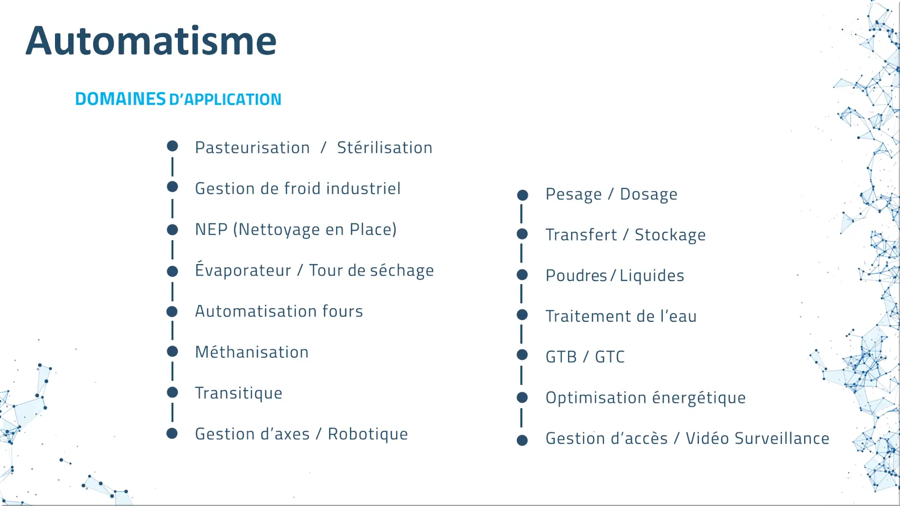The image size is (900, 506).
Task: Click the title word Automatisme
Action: click(151, 41)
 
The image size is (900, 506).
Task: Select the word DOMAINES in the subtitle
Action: click(120, 99)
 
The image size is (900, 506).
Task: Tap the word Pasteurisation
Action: click(253, 148)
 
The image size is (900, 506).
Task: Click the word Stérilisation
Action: click(384, 147)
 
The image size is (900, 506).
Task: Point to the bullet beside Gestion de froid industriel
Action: click(173, 187)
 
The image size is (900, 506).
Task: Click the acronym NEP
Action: click(211, 229)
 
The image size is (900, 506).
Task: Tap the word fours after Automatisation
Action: click(343, 311)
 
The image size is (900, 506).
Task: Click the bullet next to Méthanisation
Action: click(173, 351)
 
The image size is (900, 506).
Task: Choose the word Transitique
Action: click(239, 393)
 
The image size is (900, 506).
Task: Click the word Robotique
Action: click(367, 434)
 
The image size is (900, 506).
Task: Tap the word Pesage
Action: click(574, 194)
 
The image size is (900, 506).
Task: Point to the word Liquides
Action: click(652, 275)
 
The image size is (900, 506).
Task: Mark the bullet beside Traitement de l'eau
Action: click(523, 315)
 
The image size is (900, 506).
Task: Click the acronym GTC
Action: click(610, 357)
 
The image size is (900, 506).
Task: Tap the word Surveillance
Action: click(782, 438)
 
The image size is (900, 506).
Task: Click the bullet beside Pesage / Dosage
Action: click(523, 195)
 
